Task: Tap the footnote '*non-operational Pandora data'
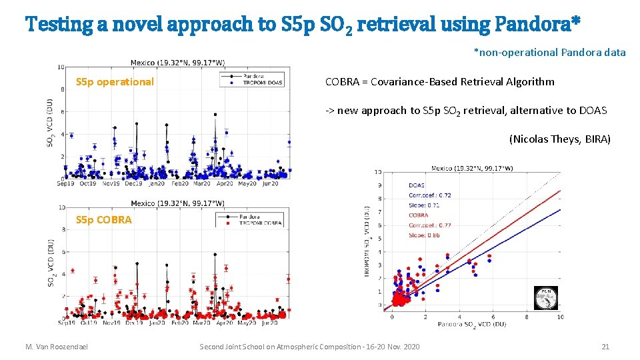click(549, 52)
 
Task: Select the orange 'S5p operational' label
click(115, 82)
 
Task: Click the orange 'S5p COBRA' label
click(104, 219)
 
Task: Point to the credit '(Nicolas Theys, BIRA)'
click(559, 139)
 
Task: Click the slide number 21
click(605, 347)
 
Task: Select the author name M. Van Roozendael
click(56, 347)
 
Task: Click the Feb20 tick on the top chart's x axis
click(179, 183)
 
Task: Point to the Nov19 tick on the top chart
click(111, 183)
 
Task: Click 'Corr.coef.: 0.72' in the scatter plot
click(429, 195)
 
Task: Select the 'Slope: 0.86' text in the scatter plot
click(424, 235)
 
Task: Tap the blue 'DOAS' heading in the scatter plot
click(417, 185)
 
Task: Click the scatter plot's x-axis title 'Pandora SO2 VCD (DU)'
click(471, 324)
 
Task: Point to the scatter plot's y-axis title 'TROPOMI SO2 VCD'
click(367, 240)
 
